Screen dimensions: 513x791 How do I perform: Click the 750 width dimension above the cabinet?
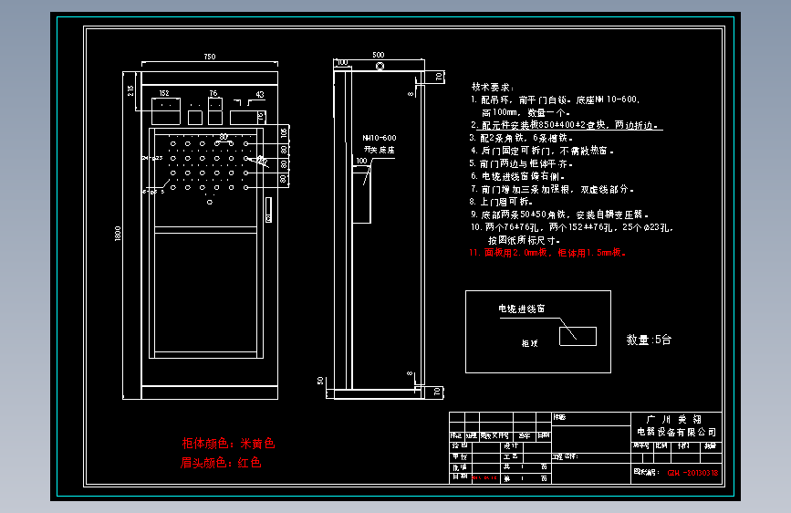[x=209, y=57]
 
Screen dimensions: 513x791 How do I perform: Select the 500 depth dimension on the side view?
[x=379, y=55]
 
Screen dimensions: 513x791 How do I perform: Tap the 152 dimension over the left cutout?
[x=164, y=93]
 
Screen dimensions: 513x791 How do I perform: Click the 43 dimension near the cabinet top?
[x=260, y=94]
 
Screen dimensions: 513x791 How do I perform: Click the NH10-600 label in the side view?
[x=380, y=138]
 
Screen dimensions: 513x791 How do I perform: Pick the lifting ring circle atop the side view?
[x=380, y=67]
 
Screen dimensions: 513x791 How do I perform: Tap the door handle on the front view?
[x=268, y=211]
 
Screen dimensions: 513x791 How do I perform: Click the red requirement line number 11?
[x=547, y=252]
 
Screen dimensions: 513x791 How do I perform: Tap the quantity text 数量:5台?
[x=649, y=340]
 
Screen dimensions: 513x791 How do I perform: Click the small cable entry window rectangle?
[x=578, y=336]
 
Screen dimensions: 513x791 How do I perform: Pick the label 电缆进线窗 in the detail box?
[x=522, y=309]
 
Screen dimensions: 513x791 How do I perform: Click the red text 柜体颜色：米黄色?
[x=228, y=444]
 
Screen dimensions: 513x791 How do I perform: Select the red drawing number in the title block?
[x=693, y=473]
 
